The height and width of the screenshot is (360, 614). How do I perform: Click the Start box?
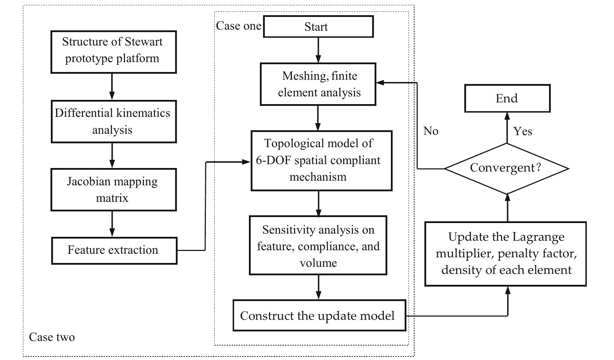tap(318, 27)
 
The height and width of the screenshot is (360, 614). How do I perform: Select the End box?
tap(507, 98)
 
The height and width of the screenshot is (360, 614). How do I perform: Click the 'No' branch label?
tap(431, 131)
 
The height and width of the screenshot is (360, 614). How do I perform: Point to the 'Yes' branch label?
tap(523, 131)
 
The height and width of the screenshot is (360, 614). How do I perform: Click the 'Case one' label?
tap(239, 26)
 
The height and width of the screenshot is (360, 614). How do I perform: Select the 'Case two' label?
tap(52, 337)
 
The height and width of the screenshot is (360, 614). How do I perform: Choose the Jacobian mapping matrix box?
tap(113, 190)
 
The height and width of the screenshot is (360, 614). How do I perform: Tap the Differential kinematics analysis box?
tap(113, 121)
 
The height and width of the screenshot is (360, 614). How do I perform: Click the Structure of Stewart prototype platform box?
tap(113, 52)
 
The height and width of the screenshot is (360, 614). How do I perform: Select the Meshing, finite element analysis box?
tap(318, 84)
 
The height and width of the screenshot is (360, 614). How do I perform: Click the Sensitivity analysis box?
tap(318, 246)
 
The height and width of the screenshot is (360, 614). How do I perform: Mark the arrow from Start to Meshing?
tap(318, 50)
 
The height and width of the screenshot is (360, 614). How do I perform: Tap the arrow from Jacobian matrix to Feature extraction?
tap(112, 224)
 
